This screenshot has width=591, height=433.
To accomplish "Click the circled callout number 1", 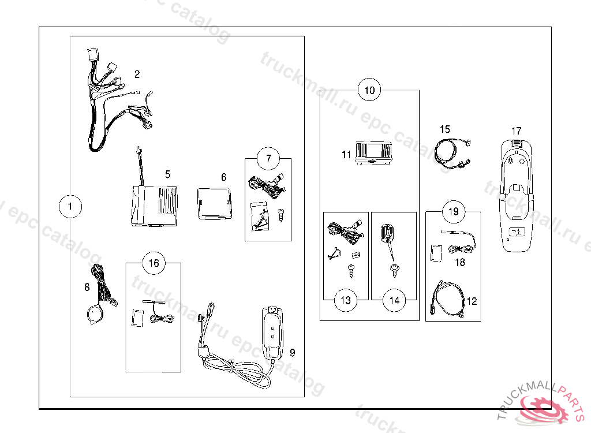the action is [70, 206].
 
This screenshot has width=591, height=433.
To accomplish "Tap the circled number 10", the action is [369, 90].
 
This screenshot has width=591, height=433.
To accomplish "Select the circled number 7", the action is [268, 158].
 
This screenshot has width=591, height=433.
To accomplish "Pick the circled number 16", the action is [154, 263].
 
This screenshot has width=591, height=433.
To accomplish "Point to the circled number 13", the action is [345, 300].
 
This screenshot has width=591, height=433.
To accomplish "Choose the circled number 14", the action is [394, 300].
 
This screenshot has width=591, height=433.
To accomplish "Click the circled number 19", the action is [453, 212].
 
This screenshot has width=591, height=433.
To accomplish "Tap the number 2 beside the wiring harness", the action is [137, 74].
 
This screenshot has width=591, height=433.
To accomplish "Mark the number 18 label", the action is [460, 262].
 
